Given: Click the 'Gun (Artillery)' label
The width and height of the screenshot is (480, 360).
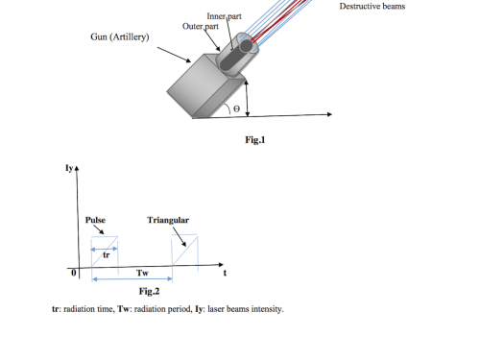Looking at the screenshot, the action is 120,37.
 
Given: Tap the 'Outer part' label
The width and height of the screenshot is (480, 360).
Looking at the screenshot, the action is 201,26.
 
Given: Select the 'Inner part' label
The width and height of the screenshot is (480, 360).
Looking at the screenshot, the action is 224,16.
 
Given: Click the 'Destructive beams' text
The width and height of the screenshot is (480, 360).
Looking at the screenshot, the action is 372,7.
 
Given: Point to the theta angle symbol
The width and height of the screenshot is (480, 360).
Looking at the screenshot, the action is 236,108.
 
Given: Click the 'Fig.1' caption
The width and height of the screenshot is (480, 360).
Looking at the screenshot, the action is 255,140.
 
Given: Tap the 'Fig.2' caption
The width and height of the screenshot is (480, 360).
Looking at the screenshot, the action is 149,291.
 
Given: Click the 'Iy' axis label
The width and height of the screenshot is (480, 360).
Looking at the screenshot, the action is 69,168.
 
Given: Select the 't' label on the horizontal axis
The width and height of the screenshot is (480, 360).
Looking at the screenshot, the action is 225,273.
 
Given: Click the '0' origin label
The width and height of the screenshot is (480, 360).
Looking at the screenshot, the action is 74,273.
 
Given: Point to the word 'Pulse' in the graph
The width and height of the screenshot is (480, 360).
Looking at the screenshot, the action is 95,220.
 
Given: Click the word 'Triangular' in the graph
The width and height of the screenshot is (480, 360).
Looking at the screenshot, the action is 168,220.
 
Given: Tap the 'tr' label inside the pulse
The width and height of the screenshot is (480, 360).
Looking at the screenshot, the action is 107,255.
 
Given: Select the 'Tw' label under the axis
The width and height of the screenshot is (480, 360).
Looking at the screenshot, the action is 142,273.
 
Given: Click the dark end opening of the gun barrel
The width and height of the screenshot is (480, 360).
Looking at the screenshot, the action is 246,46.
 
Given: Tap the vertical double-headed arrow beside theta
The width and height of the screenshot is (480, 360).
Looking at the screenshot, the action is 247,98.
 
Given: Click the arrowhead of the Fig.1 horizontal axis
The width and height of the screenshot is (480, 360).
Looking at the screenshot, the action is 330,114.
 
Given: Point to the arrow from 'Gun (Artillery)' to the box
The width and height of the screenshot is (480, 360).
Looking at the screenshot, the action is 174,55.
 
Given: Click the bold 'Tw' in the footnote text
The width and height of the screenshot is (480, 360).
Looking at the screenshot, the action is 123,309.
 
